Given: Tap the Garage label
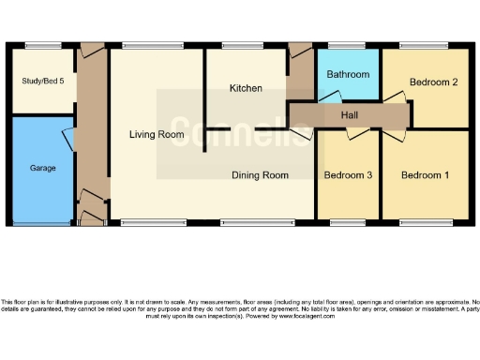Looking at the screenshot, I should [x=43, y=168].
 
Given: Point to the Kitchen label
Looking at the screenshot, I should [x=246, y=88].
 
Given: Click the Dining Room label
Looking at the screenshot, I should [x=261, y=174].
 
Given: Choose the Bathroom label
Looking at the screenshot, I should [x=348, y=74].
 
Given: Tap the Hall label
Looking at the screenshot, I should [x=349, y=114].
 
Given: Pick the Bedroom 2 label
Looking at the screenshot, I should [x=434, y=82].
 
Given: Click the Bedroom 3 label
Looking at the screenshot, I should [x=348, y=175].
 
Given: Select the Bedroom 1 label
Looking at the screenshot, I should [x=426, y=175].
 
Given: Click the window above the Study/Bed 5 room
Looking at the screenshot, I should [x=38, y=47].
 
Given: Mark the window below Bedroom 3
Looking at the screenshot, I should [x=348, y=221].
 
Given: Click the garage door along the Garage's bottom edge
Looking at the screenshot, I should [x=42, y=222].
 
